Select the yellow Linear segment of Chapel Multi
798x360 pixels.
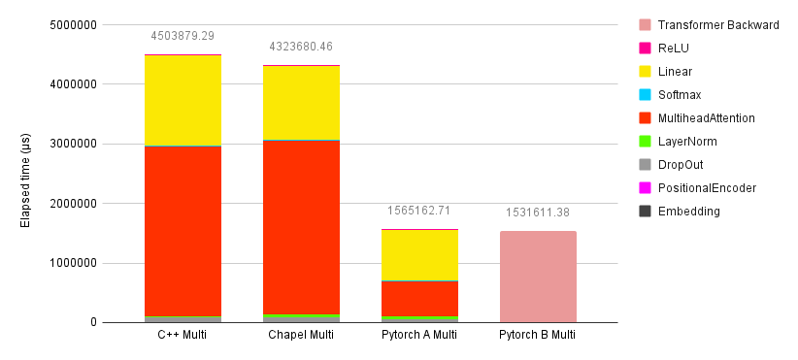pos(301,102)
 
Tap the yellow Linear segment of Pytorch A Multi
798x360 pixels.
pos(419,255)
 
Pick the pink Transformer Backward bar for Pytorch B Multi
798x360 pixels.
pos(538,277)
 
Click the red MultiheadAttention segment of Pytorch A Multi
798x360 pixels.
pos(419,298)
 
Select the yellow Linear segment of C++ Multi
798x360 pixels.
pos(183,100)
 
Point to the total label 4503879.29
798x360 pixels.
pos(183,36)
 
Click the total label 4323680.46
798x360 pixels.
pos(301,47)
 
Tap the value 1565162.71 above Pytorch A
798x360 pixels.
pos(419,211)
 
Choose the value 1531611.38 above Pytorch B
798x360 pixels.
pos(538,213)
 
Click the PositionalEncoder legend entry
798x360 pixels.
pos(706,188)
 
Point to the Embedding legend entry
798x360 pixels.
pos(688,212)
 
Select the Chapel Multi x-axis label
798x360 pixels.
pos(301,336)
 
